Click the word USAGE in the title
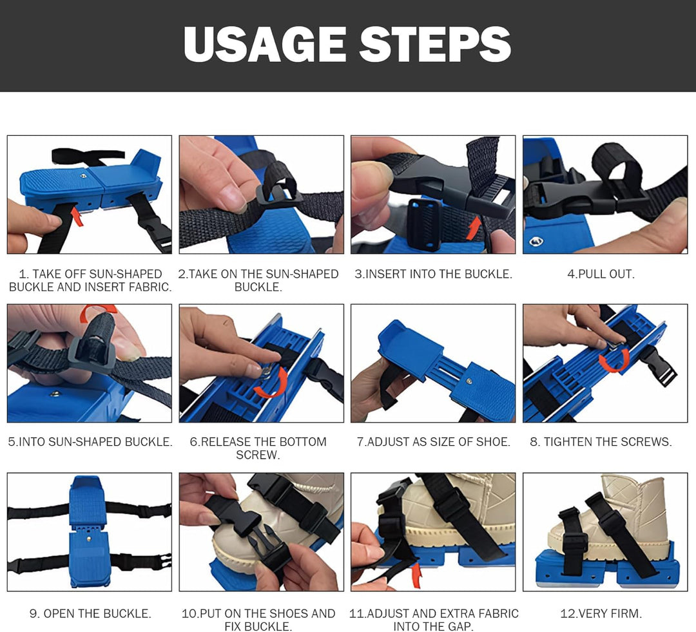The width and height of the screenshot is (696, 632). coord(265,44)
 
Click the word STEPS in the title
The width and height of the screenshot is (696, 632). coord(435,44)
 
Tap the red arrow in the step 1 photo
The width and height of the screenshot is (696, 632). coord(77,218)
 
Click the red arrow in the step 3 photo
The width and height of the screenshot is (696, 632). coord(474,227)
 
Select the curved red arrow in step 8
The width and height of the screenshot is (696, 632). coord(615,360)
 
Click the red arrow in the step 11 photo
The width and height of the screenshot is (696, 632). coord(416,575)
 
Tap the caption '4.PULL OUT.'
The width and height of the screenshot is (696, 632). coord(601,274)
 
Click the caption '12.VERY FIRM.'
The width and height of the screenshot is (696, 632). coord(601,613)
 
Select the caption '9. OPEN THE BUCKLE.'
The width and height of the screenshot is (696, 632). coord(90,613)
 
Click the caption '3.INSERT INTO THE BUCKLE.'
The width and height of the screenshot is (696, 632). coord(433,274)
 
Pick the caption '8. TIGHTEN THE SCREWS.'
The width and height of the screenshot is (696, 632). coord(601,441)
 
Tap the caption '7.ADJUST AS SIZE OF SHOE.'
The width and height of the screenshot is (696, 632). coord(434,441)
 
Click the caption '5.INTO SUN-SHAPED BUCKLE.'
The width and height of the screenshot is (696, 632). coord(90,441)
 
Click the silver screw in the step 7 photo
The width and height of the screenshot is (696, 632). coord(469,381)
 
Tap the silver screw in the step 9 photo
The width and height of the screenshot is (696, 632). coord(89,539)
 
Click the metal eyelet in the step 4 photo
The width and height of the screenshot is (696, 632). coord(536,241)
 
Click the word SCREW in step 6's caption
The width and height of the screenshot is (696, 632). coord(258,455)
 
